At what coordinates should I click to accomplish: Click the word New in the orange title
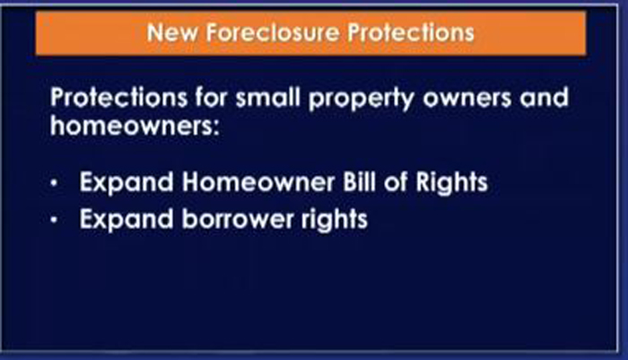tap(172, 32)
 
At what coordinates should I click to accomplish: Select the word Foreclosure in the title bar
tap(273, 32)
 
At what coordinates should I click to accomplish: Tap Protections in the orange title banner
tap(411, 32)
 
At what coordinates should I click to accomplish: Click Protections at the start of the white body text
tap(119, 98)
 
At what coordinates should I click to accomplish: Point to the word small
tap(268, 98)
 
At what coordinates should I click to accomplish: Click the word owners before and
tap(467, 99)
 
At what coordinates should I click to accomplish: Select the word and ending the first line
tap(545, 98)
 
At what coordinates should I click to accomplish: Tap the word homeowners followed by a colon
tap(135, 126)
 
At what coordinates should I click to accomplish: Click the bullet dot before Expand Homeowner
tap(54, 184)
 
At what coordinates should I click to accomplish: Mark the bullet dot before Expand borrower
tap(54, 220)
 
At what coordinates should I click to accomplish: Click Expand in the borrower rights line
tap(126, 220)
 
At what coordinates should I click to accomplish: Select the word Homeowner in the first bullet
tap(258, 182)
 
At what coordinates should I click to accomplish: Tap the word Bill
tap(359, 182)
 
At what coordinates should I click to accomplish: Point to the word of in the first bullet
tap(396, 182)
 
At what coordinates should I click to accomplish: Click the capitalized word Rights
tap(452, 184)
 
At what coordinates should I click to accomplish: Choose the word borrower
tap(238, 219)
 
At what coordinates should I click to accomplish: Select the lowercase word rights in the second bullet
tap(335, 220)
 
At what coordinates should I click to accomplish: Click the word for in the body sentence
tap(212, 98)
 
